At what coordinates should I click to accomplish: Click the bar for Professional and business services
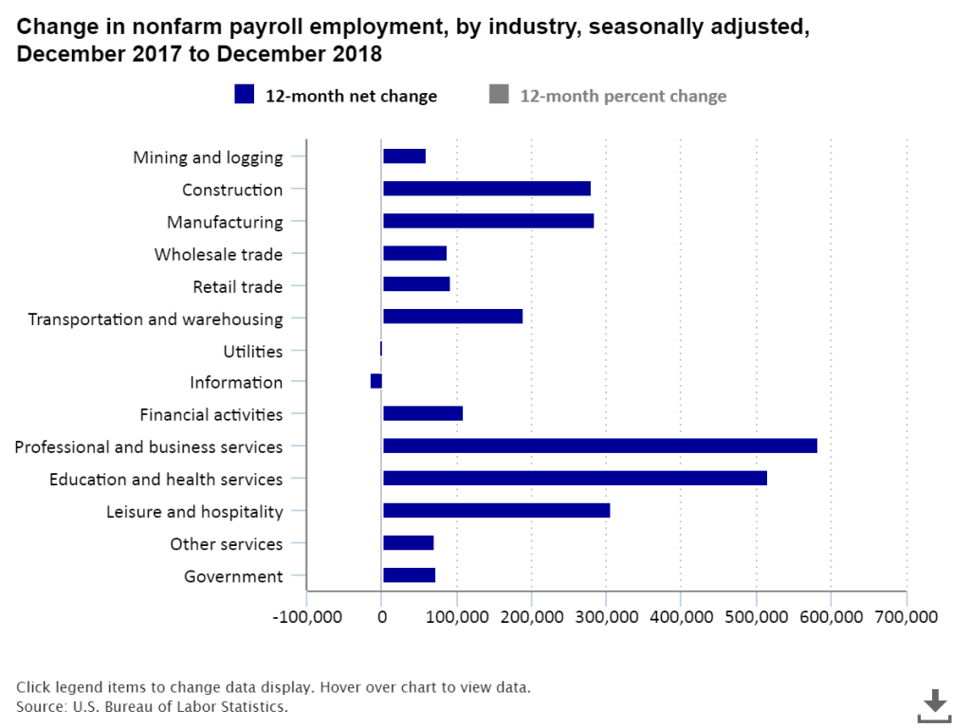pyautogui.click(x=599, y=446)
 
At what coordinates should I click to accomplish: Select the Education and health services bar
pyautogui.click(x=575, y=479)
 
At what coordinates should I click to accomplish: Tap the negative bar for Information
pyautogui.click(x=376, y=381)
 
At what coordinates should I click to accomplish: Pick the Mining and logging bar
pyautogui.click(x=404, y=156)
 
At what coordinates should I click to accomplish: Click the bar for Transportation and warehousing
pyautogui.click(x=452, y=317)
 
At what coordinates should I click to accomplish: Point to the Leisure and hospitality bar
pyautogui.click(x=496, y=511)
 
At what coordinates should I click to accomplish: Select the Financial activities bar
pyautogui.click(x=423, y=413)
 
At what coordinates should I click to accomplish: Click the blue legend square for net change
pyautogui.click(x=245, y=95)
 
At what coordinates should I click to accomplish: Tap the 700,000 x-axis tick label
pyautogui.click(x=906, y=617)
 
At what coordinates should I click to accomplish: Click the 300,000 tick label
pyautogui.click(x=606, y=617)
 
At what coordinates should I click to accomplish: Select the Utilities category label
pyautogui.click(x=253, y=352)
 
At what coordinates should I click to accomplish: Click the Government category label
pyautogui.click(x=233, y=576)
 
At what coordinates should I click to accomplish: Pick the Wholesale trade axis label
pyautogui.click(x=218, y=254)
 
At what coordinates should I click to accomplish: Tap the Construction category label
pyautogui.click(x=232, y=190)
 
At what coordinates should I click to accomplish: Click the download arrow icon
pyautogui.click(x=935, y=703)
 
